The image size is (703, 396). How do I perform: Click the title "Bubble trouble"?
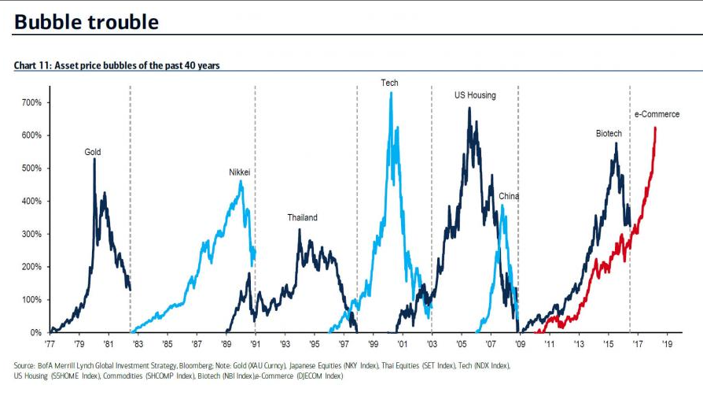(86, 22)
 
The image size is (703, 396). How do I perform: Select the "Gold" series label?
(93, 152)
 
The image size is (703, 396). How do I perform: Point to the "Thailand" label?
(302, 217)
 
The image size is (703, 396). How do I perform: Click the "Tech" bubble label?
(389, 83)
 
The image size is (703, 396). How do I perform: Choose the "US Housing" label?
(475, 95)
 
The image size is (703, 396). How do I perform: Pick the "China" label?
(509, 196)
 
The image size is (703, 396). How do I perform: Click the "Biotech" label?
(609, 134)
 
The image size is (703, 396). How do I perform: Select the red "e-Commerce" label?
(657, 114)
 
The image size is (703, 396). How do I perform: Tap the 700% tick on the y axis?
(31, 103)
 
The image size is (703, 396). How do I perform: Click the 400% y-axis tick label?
(31, 202)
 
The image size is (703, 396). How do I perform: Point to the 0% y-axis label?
(35, 333)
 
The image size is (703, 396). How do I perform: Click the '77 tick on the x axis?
(50, 344)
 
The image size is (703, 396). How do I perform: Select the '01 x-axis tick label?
(402, 344)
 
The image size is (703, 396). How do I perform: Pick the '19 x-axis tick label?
(668, 344)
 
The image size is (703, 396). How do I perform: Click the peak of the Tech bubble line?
(391, 93)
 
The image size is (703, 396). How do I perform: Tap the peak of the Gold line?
(94, 159)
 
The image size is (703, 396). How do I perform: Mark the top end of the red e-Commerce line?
(655, 128)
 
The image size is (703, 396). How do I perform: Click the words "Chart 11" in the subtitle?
(31, 65)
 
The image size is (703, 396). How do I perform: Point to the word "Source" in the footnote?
(25, 366)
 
